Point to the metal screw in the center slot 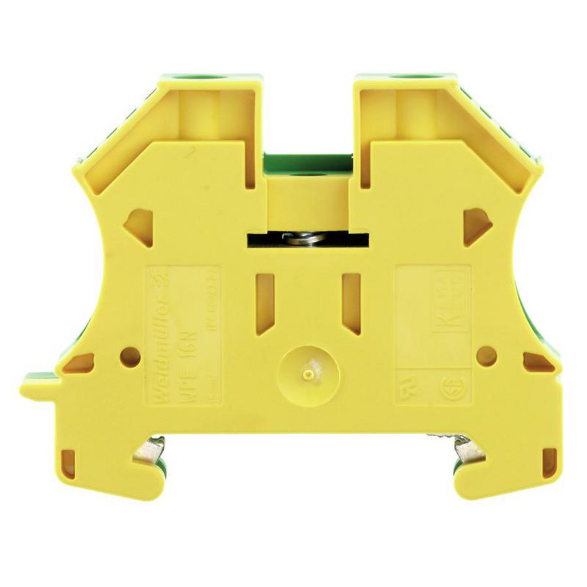pos(306,239)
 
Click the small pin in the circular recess pos(307,375)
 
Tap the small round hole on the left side pos(130,356)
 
